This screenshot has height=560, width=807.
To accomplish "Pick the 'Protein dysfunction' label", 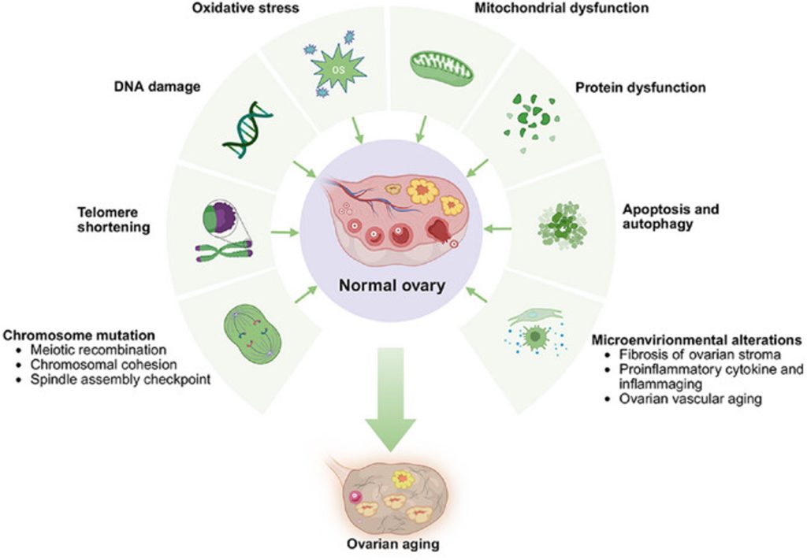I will tap(640, 87).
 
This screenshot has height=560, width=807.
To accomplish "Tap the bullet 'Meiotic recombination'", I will tap(98, 350).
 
